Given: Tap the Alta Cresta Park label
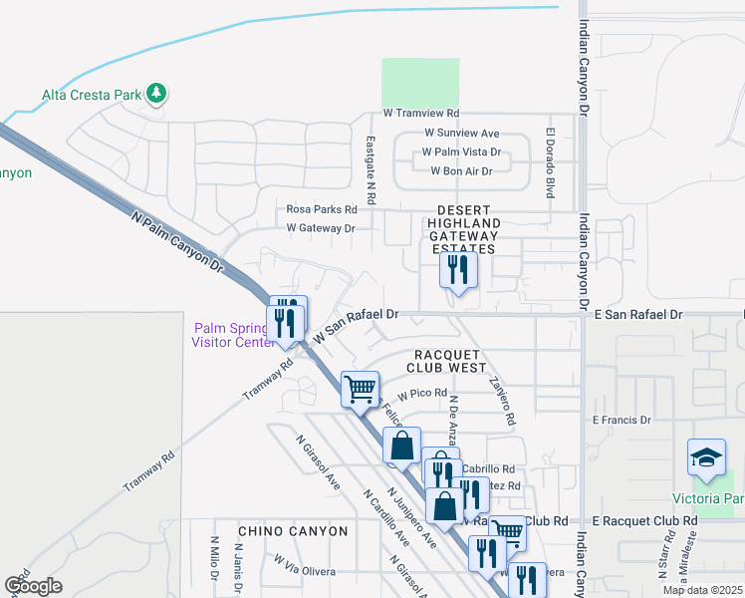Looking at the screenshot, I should click(91, 97).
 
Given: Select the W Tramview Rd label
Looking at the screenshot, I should click(421, 115).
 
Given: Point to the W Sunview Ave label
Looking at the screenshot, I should click(461, 133).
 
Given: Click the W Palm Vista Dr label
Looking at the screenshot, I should click(461, 152).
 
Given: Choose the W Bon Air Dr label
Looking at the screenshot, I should click(461, 171).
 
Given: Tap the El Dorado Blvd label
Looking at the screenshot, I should click(549, 161).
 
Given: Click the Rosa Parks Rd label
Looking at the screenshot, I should click(321, 209).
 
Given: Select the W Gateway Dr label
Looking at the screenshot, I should click(321, 228).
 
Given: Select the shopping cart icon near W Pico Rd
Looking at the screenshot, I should click(360, 389).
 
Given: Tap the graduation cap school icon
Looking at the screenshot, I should click(706, 457).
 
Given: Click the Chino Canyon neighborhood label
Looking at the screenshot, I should click(293, 531).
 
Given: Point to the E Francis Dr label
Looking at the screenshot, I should click(621, 421).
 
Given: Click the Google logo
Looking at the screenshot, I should click(33, 585).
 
